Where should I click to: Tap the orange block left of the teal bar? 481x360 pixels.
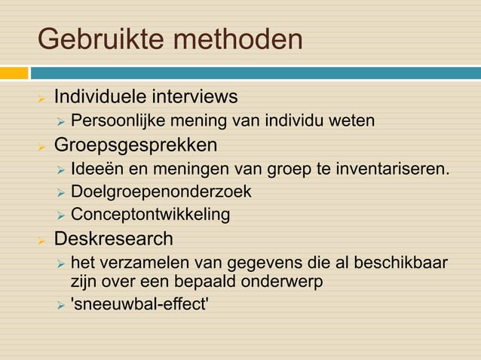14,73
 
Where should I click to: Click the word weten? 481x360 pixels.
353,121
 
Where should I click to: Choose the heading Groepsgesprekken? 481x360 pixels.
135,144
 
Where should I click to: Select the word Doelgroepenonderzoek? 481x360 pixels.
161,191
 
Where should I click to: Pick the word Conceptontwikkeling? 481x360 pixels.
150,215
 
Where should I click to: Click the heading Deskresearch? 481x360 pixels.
113,239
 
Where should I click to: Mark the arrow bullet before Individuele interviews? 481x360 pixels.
43,98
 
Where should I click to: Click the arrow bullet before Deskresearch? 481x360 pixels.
43,239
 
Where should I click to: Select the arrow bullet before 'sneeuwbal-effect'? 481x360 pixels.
61,307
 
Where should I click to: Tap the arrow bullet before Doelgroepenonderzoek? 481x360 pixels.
61,192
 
